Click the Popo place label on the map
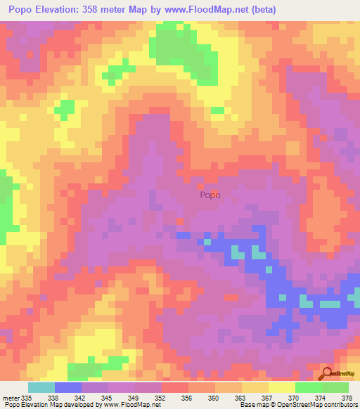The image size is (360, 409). coord(210,196)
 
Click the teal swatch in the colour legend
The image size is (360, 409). coord(41,387)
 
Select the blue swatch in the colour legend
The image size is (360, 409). coord(67,387)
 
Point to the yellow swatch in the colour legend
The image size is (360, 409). coord(281,387)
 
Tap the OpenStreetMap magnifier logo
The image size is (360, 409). coord(328,373)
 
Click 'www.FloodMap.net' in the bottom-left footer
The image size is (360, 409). coord(131,405)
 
